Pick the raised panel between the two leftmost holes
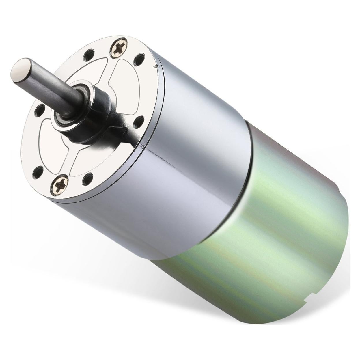[43, 141]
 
